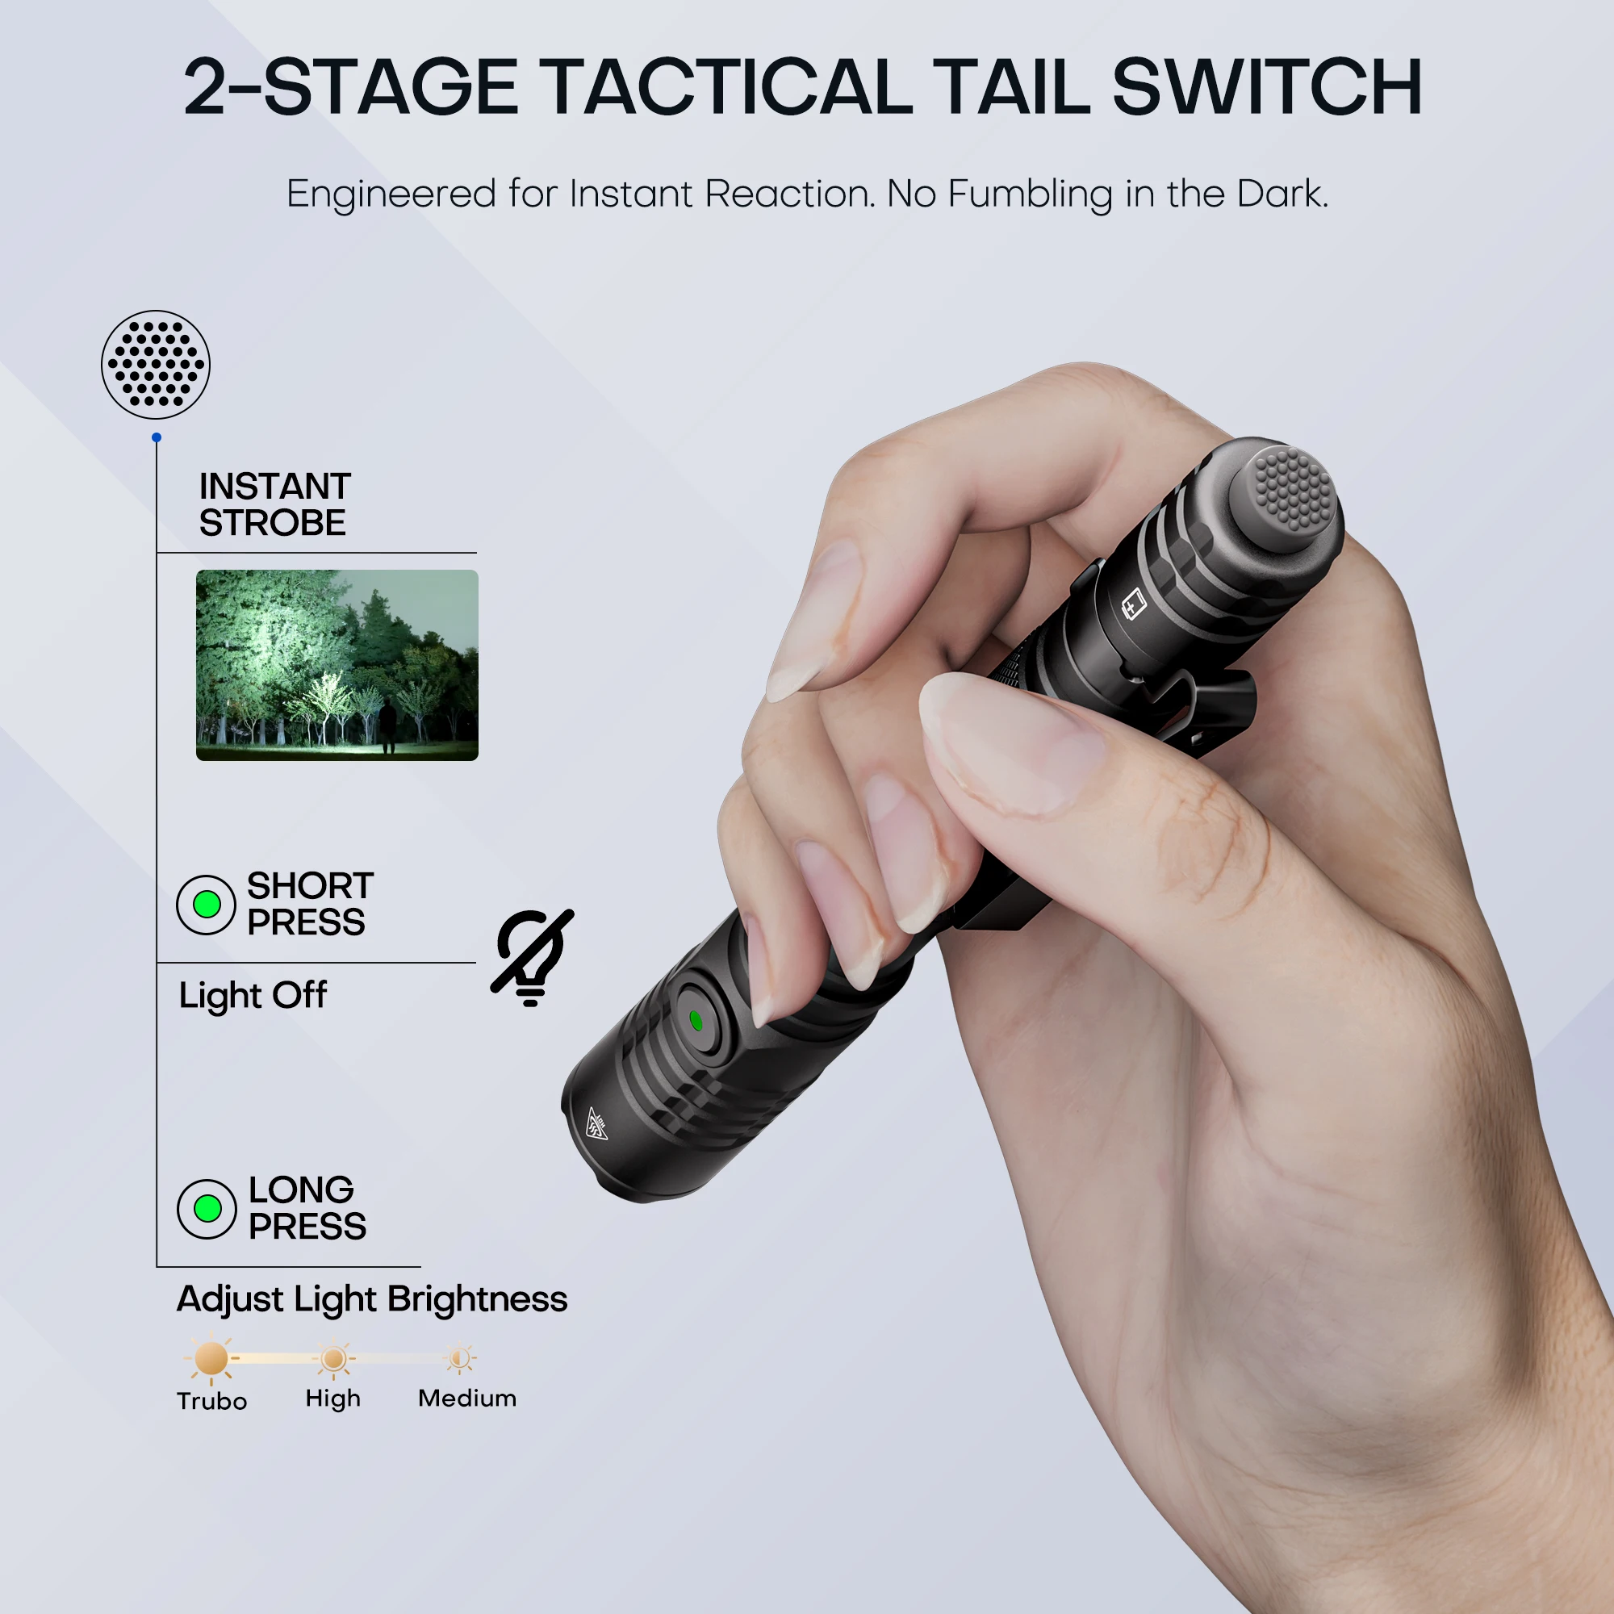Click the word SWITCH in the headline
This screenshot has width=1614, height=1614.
coord(1266,87)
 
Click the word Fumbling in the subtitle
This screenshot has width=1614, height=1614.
coord(1031,194)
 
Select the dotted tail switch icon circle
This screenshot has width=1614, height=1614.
coord(156,364)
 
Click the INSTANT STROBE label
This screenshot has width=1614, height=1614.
coord(274,504)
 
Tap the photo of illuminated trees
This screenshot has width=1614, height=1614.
coord(337,665)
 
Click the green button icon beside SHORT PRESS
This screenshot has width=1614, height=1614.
coord(207,904)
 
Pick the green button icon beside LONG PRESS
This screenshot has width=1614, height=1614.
coord(207,1208)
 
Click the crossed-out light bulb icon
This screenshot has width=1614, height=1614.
coord(532,957)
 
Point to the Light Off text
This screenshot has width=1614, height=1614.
coord(253,996)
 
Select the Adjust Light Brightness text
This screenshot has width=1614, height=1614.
coord(372,1299)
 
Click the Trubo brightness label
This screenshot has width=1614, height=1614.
coord(211,1401)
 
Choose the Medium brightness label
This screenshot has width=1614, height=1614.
coord(467,1399)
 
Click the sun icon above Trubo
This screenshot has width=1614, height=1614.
coord(211,1358)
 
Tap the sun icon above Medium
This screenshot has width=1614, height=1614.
coord(458,1358)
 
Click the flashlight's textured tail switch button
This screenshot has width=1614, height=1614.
coord(1291,489)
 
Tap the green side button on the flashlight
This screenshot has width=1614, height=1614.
coord(696,1020)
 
